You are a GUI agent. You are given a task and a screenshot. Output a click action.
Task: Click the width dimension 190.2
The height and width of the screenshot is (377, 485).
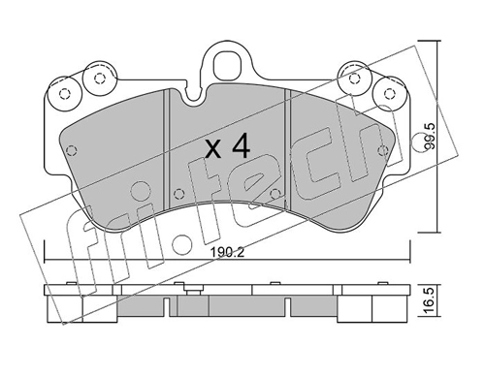[x=227, y=251]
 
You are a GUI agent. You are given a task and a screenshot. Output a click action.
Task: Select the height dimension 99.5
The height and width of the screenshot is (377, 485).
[x=431, y=136]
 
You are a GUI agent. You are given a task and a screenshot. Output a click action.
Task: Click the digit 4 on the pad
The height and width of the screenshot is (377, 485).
[x=242, y=146]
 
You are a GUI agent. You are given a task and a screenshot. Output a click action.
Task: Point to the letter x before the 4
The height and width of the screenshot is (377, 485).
[x=214, y=150]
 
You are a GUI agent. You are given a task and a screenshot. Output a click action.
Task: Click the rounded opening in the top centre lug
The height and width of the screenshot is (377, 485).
[x=227, y=64]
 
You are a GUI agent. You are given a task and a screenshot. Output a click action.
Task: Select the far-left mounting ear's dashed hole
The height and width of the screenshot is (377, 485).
[x=65, y=94]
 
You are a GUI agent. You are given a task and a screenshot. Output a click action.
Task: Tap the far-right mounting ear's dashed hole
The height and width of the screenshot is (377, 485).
[x=390, y=93]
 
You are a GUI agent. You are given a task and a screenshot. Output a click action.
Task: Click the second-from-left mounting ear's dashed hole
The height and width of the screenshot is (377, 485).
[x=99, y=79]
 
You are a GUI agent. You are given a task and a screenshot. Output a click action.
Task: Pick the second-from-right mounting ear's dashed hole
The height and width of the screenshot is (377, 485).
[x=355, y=78]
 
